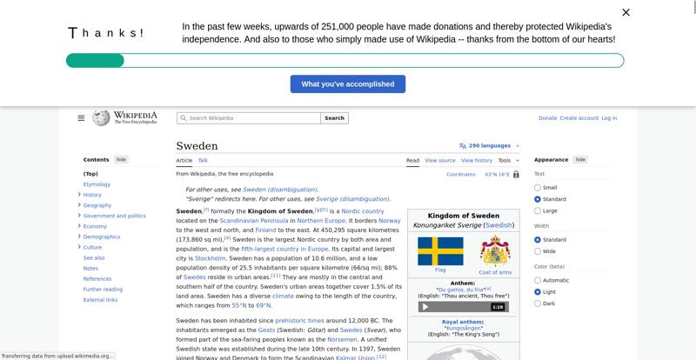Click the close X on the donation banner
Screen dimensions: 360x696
(626, 12)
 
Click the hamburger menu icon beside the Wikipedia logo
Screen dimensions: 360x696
(81, 118)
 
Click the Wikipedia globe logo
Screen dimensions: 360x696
(101, 117)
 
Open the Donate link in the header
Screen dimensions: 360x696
(547, 118)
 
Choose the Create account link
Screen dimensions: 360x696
(579, 118)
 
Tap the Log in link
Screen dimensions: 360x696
(609, 118)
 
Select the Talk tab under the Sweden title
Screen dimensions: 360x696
(203, 160)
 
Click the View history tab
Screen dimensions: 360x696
(476, 161)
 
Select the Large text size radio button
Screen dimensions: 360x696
(538, 210)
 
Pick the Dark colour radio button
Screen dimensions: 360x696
(538, 303)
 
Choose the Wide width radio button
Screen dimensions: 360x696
(538, 251)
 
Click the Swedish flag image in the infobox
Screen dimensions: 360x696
(440, 251)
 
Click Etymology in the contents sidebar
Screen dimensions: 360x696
(97, 184)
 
